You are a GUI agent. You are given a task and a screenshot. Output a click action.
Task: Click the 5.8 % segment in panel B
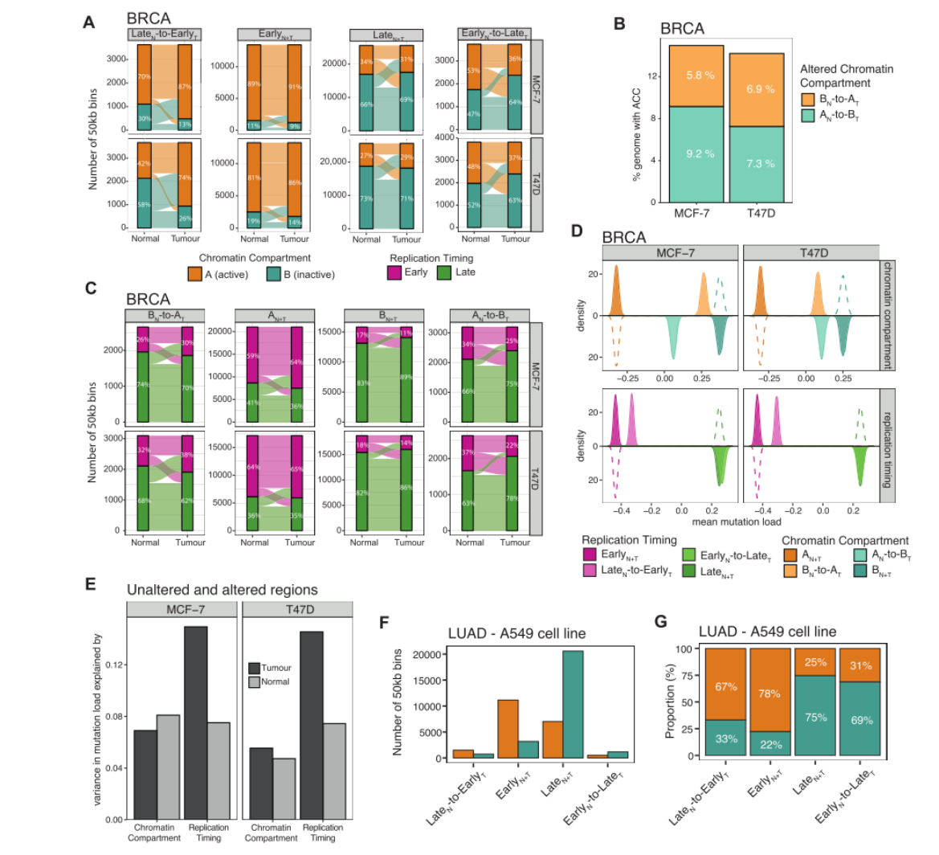(x=697, y=76)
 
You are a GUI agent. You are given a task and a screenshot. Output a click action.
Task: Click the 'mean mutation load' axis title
(x=737, y=522)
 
